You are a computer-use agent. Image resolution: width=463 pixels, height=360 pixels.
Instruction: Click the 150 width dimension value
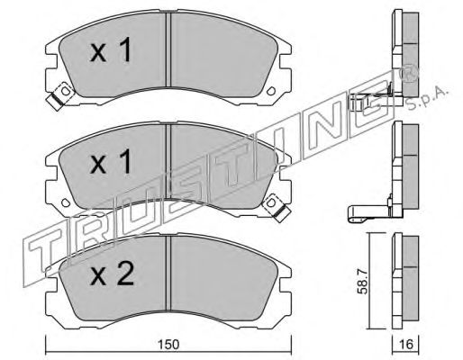[169, 344]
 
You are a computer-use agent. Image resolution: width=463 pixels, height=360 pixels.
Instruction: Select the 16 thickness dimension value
[406, 344]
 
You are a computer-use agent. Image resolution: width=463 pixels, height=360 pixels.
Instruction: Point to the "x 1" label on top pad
[111, 50]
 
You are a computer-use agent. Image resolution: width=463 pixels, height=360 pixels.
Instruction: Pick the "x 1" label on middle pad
[111, 162]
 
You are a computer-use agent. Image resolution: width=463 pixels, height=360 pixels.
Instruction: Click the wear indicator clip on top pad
[60, 95]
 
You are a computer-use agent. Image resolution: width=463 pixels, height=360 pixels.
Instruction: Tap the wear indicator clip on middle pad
[277, 208]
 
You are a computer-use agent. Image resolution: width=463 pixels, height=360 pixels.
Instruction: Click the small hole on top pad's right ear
[271, 91]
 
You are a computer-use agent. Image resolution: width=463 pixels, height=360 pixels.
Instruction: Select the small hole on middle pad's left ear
[66, 202]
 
